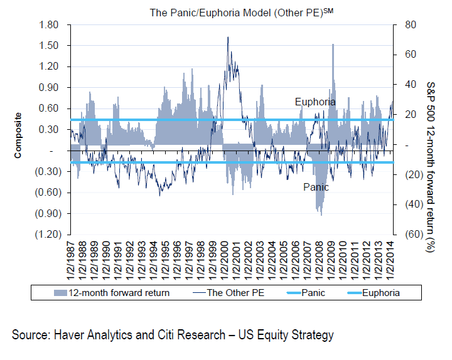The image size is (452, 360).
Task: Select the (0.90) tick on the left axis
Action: tap(50, 213)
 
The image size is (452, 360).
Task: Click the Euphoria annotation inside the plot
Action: tap(315, 102)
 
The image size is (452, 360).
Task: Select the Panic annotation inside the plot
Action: tap(316, 187)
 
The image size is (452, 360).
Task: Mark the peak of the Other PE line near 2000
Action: tap(227, 37)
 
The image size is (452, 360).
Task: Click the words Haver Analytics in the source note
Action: tap(92, 336)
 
